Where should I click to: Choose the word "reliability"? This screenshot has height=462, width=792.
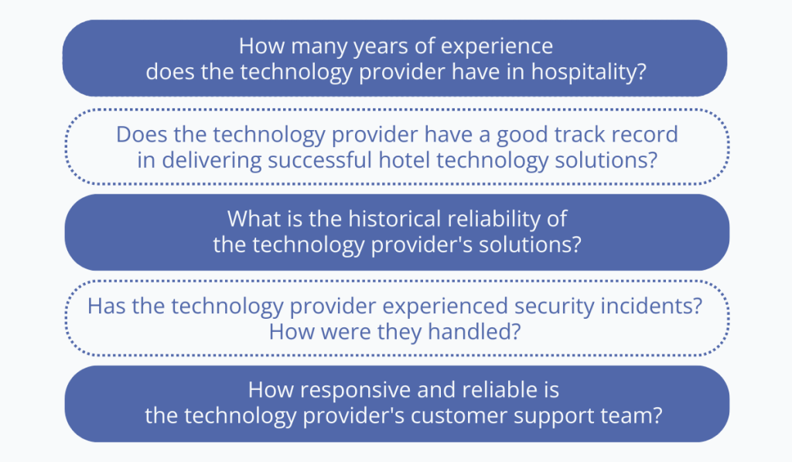(493, 219)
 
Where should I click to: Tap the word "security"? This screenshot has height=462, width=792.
(553, 306)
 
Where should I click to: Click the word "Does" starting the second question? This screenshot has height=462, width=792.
(142, 134)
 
